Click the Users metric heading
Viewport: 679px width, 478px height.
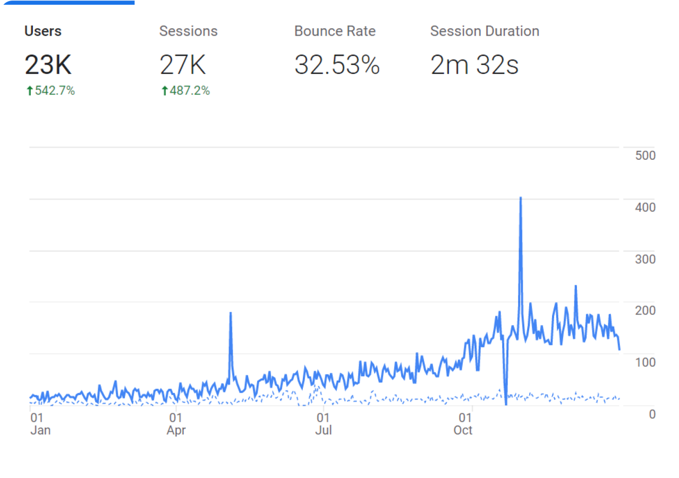[x=43, y=31]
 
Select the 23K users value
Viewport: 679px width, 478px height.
[x=48, y=65]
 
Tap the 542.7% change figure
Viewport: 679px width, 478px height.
[x=55, y=91]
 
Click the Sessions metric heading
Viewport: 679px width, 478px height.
[x=188, y=31]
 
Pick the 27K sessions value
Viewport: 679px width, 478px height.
[x=183, y=65]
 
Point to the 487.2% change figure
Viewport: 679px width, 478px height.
[x=190, y=91]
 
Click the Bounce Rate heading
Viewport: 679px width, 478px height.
[x=335, y=31]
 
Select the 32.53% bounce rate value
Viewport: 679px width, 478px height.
[x=337, y=65]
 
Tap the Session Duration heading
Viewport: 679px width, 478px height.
[x=485, y=31]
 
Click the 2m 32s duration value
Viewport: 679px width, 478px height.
[x=474, y=65]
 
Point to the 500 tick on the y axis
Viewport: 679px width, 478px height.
[x=645, y=156]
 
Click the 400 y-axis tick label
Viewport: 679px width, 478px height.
[x=645, y=207]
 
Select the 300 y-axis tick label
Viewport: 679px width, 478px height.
[x=645, y=259]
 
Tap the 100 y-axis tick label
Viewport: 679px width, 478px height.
[x=645, y=362]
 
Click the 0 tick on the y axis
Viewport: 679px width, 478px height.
[x=652, y=414]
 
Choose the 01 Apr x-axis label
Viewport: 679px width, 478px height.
[x=176, y=424]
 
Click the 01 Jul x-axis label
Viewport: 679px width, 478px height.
[x=323, y=424]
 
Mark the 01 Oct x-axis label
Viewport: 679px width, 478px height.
[x=464, y=424]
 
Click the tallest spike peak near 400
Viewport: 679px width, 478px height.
[x=521, y=198]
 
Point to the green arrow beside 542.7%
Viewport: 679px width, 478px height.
[x=30, y=91]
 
